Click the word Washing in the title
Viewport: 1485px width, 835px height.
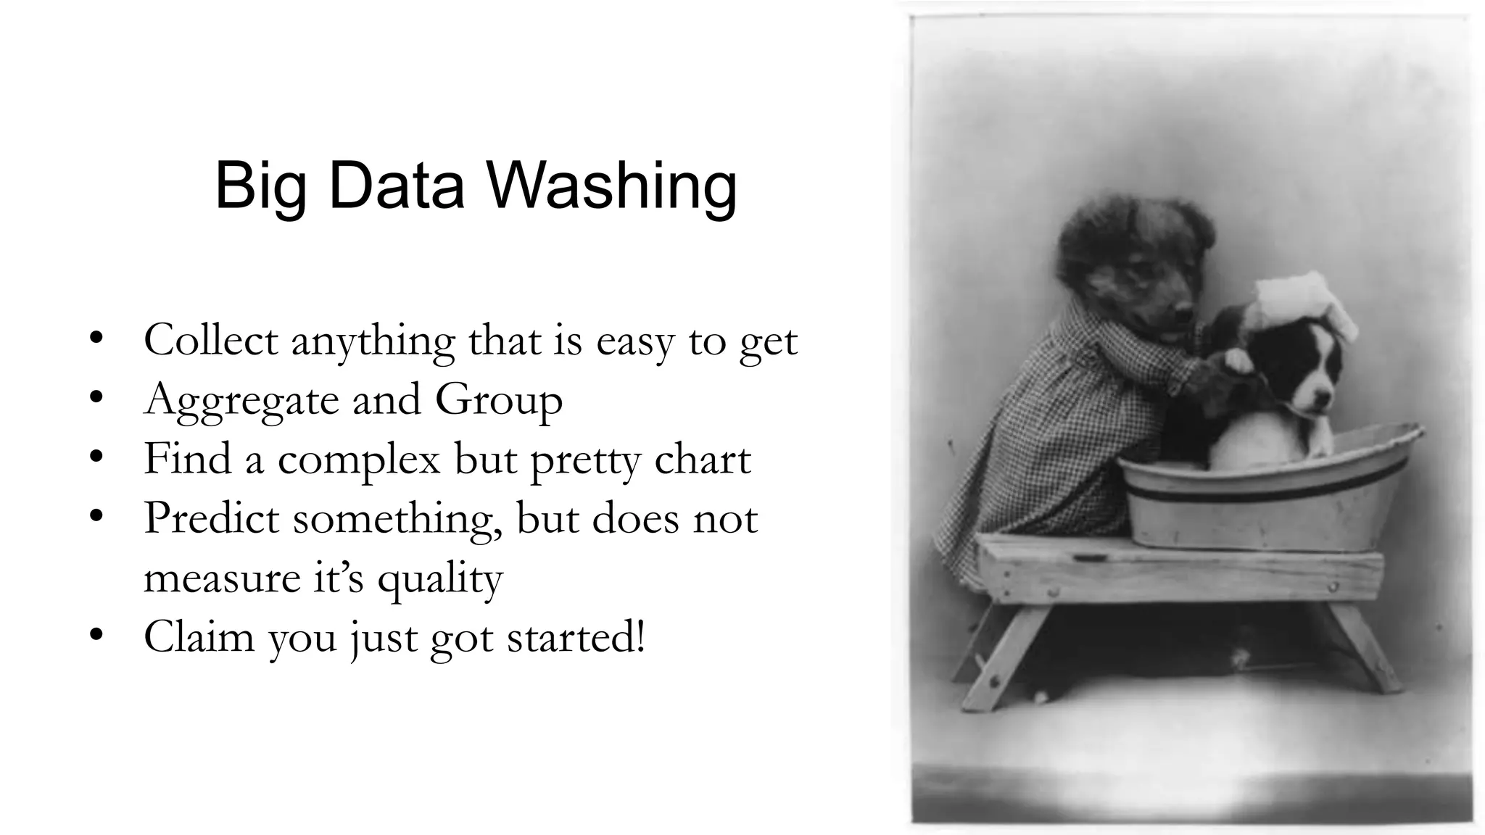[612, 186]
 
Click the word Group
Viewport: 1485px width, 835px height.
[499, 401]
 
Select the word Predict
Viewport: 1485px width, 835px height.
[211, 519]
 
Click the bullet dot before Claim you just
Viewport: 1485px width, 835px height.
[94, 636]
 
